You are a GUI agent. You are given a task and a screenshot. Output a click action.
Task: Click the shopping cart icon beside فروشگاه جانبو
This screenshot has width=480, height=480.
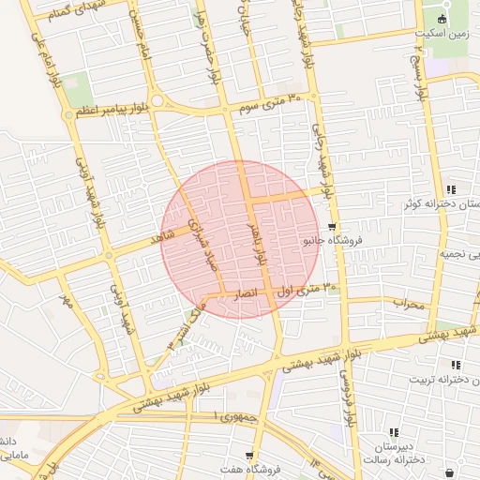(332, 227)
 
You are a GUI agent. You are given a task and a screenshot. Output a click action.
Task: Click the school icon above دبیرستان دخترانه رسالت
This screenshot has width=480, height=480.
(394, 432)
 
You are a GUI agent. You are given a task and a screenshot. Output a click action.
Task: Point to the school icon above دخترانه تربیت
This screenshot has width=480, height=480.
(457, 365)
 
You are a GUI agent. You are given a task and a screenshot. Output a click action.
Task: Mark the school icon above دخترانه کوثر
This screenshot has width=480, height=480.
(451, 189)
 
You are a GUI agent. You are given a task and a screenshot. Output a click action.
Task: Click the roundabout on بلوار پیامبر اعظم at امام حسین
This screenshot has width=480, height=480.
(157, 100)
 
